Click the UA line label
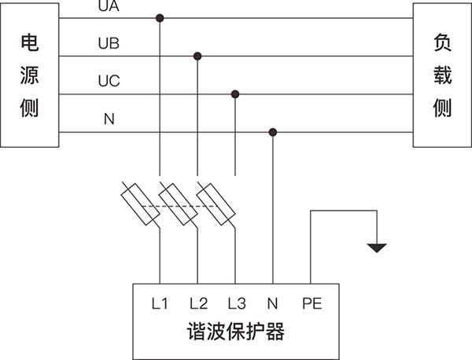click(x=109, y=7)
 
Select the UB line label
click(x=109, y=43)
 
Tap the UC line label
click(x=109, y=81)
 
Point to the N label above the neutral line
click(x=109, y=119)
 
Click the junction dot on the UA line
click(x=160, y=17)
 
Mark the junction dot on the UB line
click(x=197, y=56)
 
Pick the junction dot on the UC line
click(x=234, y=94)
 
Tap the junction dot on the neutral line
click(x=272, y=131)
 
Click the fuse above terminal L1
click(x=141, y=204)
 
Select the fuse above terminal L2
click(x=178, y=204)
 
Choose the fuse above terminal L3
click(x=215, y=204)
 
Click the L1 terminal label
click(x=160, y=303)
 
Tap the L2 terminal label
click(x=197, y=303)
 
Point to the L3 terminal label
click(x=235, y=303)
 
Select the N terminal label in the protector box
click(x=272, y=303)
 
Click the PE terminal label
click(x=311, y=303)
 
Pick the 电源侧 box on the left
click(x=29, y=75)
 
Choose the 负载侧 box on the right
click(x=442, y=75)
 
